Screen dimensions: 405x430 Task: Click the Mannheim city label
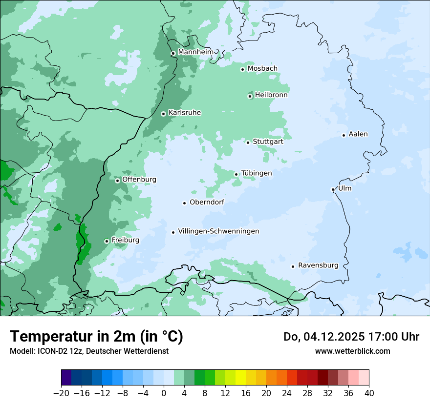(195, 52)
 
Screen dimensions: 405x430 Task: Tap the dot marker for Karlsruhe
(164, 114)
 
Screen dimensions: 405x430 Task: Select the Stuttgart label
(268, 142)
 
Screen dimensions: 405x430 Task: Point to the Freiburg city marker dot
(107, 241)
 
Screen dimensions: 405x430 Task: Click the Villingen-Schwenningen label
(218, 231)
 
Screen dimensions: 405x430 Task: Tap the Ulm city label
(344, 188)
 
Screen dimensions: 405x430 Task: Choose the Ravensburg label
(318, 265)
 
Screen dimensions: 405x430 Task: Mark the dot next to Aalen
(344, 135)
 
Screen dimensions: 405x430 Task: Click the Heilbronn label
(271, 95)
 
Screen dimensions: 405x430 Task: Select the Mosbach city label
(262, 69)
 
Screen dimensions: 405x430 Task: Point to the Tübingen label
(257, 173)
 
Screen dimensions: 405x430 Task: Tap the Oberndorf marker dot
(185, 203)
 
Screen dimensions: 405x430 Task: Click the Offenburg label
(139, 180)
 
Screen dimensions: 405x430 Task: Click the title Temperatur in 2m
(96, 337)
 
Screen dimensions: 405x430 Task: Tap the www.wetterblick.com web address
(352, 351)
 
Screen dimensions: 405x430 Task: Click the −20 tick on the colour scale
(62, 393)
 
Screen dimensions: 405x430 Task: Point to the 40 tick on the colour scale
(369, 393)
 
